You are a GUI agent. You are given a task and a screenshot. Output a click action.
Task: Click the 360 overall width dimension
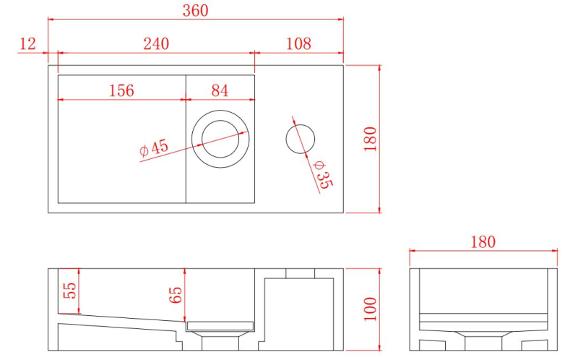(195, 10)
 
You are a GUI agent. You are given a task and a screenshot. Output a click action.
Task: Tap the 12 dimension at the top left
(27, 44)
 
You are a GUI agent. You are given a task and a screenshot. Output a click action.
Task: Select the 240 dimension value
(155, 44)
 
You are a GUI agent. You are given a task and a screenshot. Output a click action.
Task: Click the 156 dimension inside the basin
(121, 90)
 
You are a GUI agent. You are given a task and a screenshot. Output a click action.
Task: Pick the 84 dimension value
(220, 90)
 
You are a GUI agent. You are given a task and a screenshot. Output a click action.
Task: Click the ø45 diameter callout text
(154, 147)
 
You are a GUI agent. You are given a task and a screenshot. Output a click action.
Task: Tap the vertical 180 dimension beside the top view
(370, 139)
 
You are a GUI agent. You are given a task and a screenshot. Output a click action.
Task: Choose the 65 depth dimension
(176, 295)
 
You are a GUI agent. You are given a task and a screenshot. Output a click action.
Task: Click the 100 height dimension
(370, 309)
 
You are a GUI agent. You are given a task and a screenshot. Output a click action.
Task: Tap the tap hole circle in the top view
(300, 139)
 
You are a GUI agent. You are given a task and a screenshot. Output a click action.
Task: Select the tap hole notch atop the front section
(300, 273)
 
